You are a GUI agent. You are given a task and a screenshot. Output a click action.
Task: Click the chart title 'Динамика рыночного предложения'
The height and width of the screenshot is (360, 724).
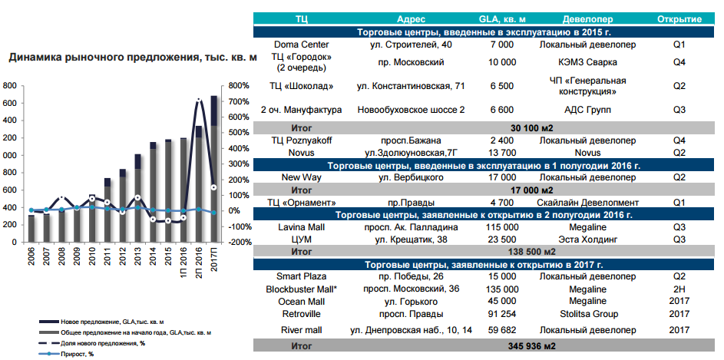coord(131,58)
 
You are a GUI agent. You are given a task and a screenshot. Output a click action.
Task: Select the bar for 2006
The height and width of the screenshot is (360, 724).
coord(31,228)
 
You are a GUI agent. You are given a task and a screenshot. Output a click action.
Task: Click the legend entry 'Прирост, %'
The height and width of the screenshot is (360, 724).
coord(68,354)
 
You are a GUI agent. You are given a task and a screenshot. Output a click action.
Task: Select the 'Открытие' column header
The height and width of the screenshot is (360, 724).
coord(679,18)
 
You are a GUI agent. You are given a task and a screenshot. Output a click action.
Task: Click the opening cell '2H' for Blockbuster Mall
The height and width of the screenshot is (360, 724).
coord(679,289)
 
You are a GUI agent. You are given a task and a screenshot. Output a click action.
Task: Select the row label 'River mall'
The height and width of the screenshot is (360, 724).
coord(302,330)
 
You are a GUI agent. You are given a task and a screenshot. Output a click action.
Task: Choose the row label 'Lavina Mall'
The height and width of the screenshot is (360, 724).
coord(302,227)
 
